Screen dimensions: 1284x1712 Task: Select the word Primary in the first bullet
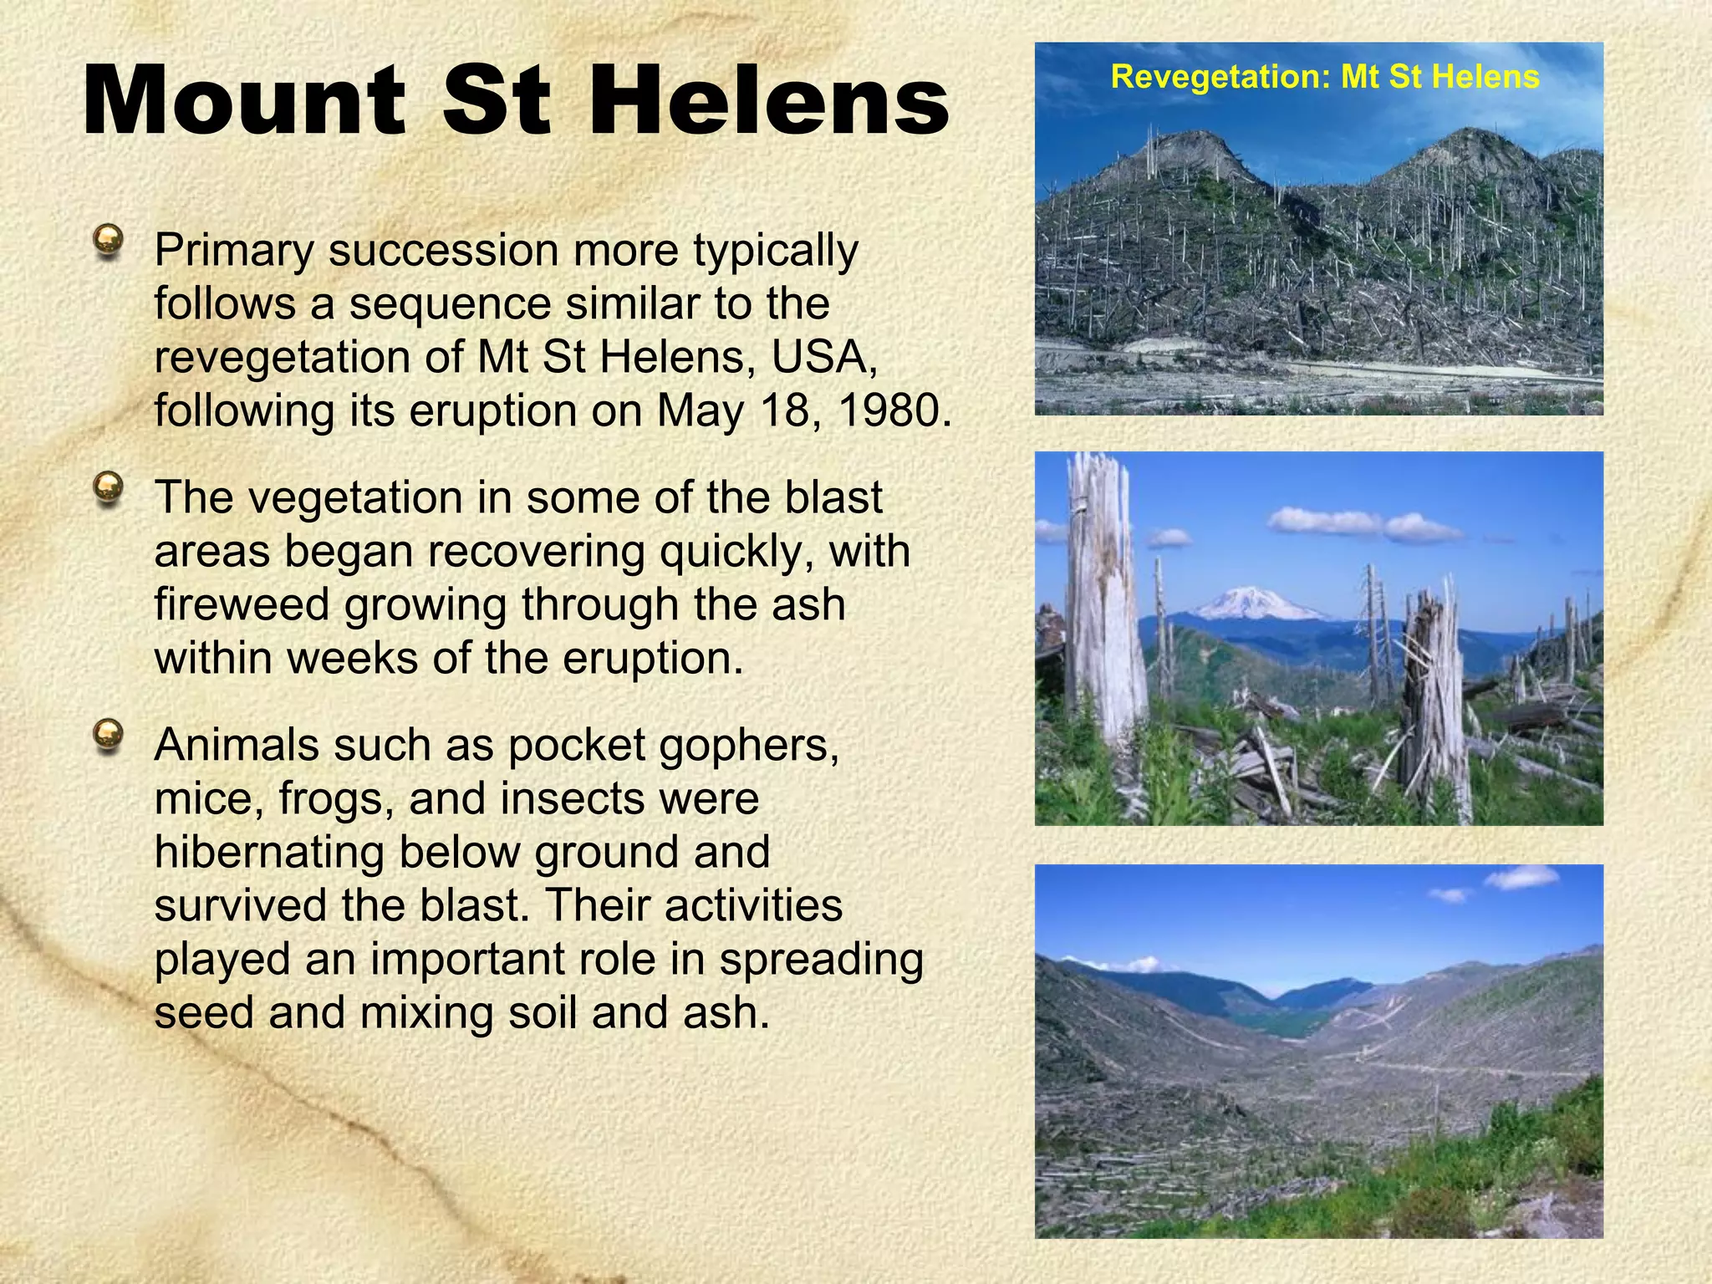(234, 250)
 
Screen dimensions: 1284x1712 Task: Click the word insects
(573, 798)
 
